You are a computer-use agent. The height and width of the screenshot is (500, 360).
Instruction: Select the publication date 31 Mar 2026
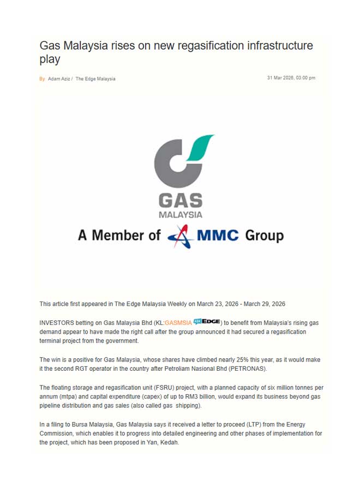[x=280, y=79]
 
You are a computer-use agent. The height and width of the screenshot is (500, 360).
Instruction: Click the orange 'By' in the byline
[x=42, y=79]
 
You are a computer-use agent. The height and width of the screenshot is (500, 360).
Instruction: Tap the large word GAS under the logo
[x=180, y=201]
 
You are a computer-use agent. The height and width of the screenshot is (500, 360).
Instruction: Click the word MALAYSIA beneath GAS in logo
[x=180, y=215]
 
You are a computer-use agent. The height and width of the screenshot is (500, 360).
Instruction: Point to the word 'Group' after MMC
[x=264, y=236]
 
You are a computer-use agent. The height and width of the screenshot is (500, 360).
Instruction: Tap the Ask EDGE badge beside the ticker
[x=207, y=322]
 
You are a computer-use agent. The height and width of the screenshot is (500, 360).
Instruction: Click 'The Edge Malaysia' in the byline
[x=95, y=79]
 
